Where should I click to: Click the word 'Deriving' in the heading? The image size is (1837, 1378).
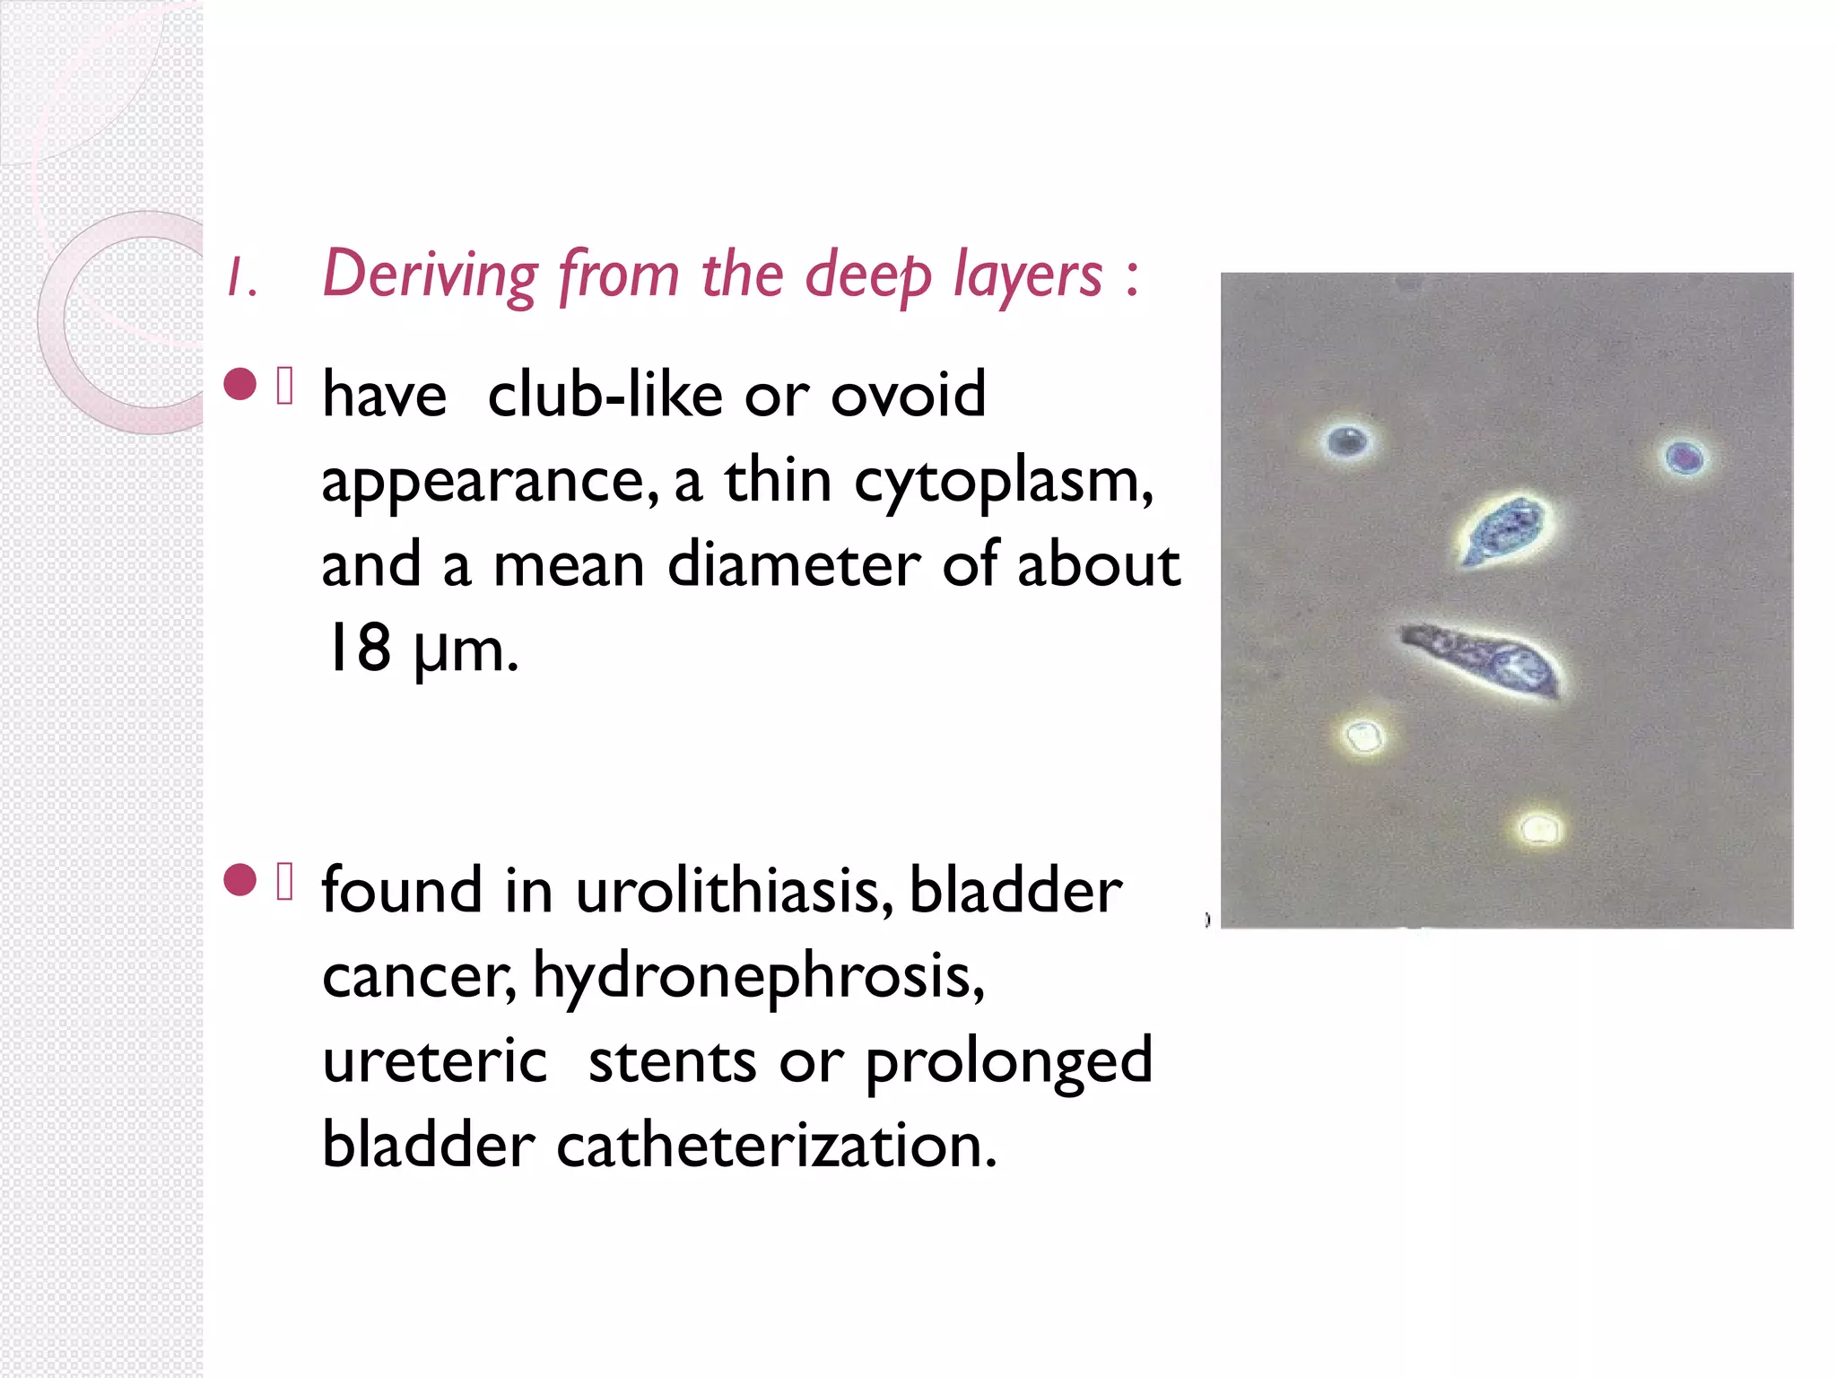coord(430,274)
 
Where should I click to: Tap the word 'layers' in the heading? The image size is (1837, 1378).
coord(1028,274)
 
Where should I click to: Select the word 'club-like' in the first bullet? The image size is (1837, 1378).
coord(605,395)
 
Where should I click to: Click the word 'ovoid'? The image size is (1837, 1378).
coord(908,395)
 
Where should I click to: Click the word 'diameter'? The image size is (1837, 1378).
coord(794,565)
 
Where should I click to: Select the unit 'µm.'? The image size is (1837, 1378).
coord(466,650)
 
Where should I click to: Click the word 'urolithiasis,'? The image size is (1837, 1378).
coord(734,891)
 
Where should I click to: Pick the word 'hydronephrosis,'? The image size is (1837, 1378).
coord(759,976)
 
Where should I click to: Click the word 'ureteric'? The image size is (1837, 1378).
coord(434,1060)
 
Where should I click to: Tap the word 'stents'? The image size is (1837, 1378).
coord(672,1060)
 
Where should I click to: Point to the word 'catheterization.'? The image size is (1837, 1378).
coord(776,1146)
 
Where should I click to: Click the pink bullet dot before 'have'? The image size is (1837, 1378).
coord(239,385)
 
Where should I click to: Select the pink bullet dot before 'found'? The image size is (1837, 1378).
coord(239,880)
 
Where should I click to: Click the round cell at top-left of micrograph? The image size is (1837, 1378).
coord(1347,441)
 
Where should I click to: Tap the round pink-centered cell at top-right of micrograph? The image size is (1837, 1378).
coord(1684,458)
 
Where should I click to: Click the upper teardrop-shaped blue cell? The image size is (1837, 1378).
coord(1501,530)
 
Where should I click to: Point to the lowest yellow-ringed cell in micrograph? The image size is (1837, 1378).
coord(1539,828)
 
